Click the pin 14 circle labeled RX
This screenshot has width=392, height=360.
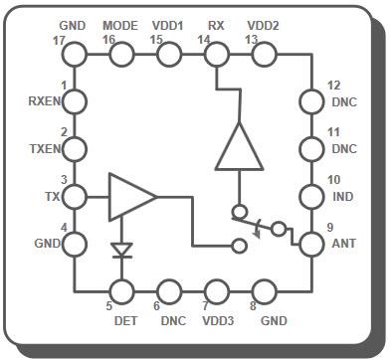(x=216, y=55)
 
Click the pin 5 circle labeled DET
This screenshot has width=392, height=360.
(x=122, y=291)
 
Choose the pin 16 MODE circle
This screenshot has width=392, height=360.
(x=121, y=55)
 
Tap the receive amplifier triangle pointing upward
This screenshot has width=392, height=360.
(x=239, y=149)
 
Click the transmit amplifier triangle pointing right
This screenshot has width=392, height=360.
(x=130, y=196)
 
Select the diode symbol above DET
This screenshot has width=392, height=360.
(x=122, y=251)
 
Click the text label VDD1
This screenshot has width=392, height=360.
(x=167, y=24)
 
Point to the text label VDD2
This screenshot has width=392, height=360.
(x=263, y=24)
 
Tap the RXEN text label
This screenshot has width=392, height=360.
(x=46, y=100)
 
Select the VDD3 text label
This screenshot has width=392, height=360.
(x=217, y=321)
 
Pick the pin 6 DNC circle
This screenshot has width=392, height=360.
(x=169, y=291)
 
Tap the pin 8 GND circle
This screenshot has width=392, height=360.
(x=264, y=291)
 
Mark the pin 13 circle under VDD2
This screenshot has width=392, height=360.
(x=264, y=55)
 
